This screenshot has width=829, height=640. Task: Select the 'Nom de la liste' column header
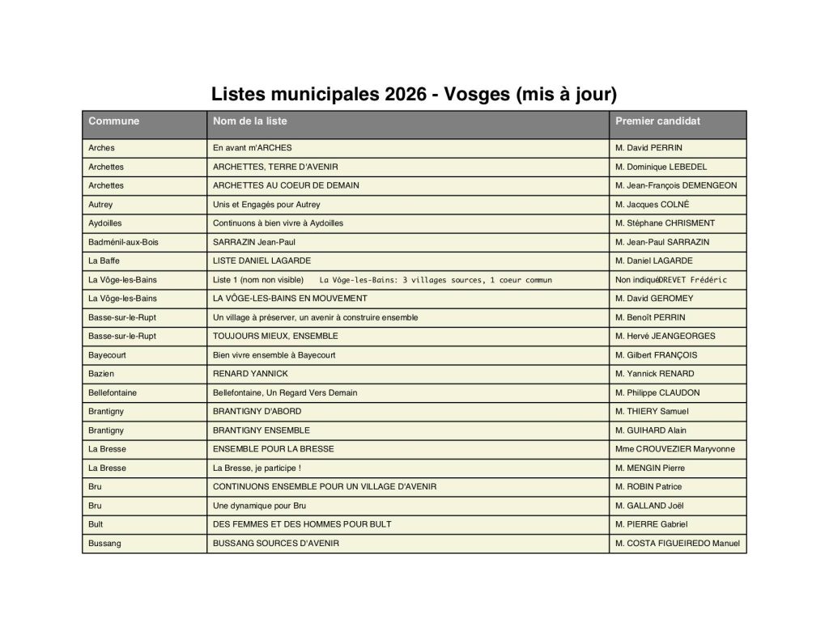249,121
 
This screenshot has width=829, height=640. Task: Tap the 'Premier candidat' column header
657,121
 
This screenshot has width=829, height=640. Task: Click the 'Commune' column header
114,121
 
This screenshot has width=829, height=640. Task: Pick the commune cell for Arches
102,148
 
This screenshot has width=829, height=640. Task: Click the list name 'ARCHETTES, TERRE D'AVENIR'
275,167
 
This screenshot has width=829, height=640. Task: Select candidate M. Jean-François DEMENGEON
676,185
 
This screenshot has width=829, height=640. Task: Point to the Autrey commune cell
101,205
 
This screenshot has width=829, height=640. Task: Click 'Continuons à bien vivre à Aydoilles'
278,223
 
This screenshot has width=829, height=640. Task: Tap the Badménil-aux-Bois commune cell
123,242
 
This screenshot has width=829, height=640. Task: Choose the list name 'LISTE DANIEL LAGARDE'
261,261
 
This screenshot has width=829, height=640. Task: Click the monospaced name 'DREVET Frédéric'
692,280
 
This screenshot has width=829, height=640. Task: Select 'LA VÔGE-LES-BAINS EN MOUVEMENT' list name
290,299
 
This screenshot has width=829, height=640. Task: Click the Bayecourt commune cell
108,355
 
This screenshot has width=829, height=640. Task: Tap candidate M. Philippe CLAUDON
657,392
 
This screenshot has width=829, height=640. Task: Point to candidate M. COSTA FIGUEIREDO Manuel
677,544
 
